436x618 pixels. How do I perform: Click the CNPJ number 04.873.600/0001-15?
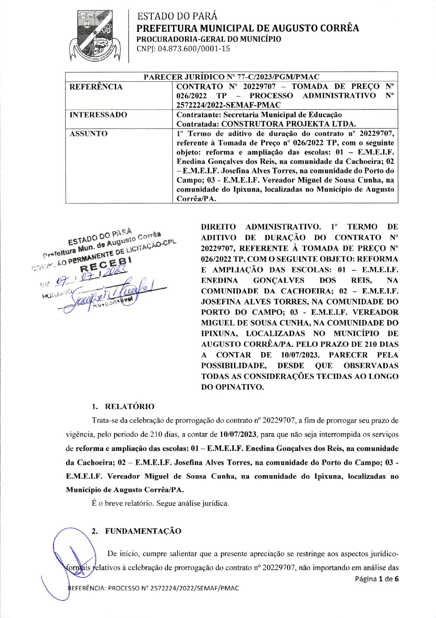(183, 49)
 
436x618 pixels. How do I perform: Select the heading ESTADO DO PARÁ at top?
(177, 16)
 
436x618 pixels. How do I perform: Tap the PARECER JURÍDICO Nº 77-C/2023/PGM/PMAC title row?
(231, 77)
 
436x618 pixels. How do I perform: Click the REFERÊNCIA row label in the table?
(96, 87)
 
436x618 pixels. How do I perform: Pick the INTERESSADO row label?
(98, 115)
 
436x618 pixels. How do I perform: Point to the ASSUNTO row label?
(88, 134)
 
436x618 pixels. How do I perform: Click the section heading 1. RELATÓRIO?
(123, 407)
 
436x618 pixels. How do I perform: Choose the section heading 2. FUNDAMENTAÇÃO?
(137, 531)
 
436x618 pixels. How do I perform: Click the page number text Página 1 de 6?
(377, 579)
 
